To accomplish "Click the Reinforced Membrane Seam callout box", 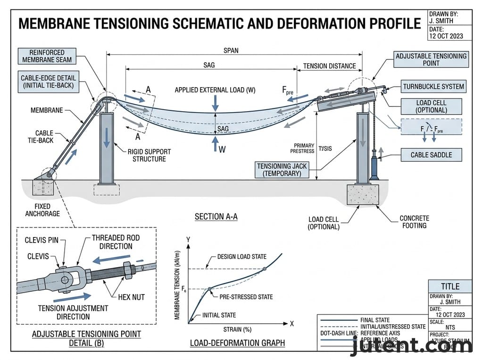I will click(47, 56).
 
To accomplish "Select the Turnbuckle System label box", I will click(433, 86).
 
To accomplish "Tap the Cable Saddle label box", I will click(431, 155).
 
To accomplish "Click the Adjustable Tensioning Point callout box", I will click(431, 59).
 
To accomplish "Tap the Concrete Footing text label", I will click(414, 222).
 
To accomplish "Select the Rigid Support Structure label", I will click(149, 155).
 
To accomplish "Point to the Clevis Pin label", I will click(41, 240).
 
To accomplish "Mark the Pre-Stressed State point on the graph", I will click(209, 288).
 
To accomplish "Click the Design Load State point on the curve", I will click(264, 269).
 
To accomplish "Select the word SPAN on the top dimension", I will click(230, 50).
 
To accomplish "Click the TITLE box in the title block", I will click(450, 286).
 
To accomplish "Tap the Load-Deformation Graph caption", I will click(237, 343).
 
